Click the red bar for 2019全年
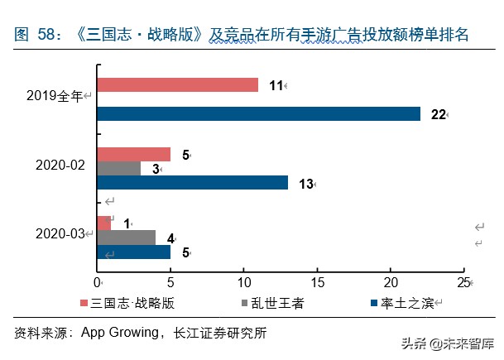[x=177, y=84]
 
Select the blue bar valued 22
[x=258, y=113]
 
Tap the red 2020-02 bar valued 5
[x=133, y=154]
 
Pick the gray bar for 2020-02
[x=118, y=169]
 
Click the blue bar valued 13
[x=192, y=183]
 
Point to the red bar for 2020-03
[x=103, y=223]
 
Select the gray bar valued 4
[x=126, y=238]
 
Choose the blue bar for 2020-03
[x=133, y=252]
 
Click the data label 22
[x=438, y=114]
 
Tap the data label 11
[x=276, y=85]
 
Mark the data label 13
[x=305, y=184]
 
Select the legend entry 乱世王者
[x=275, y=303]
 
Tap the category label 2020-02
[x=60, y=166]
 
